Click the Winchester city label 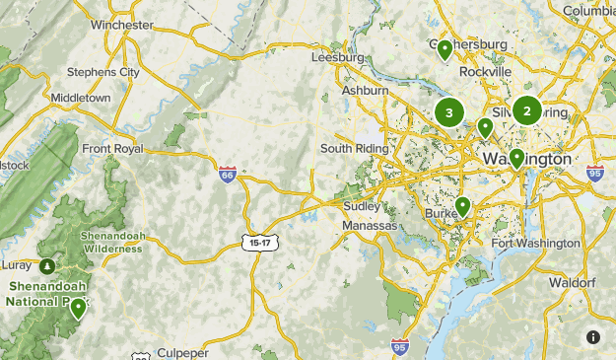click(121, 24)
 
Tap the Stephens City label click(103, 72)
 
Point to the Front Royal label click(112, 149)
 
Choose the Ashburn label click(364, 90)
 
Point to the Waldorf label click(572, 282)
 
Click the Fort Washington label click(535, 244)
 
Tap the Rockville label click(485, 72)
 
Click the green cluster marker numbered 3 click(449, 112)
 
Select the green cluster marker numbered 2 click(526, 111)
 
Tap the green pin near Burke click(462, 206)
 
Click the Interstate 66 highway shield click(228, 174)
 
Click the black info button click(593, 337)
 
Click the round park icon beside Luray click(47, 266)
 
